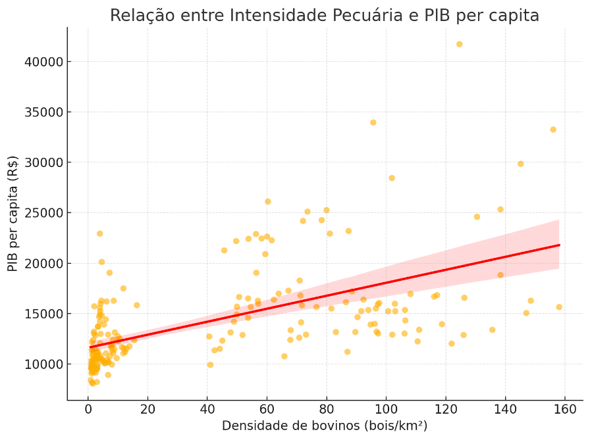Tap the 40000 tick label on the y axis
pos(43,62)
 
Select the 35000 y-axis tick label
pos(43,112)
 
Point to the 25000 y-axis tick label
pos(43,213)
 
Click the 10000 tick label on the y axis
pos(43,364)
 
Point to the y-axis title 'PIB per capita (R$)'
pos(13,214)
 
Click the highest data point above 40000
pos(460,44)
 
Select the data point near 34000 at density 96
pos(373,122)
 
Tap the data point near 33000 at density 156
pos(553,130)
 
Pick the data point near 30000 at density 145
pos(521,164)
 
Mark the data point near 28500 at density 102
pos(392,178)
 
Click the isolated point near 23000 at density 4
pos(100,233)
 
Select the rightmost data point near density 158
pos(559,307)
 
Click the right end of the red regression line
pos(559,245)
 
